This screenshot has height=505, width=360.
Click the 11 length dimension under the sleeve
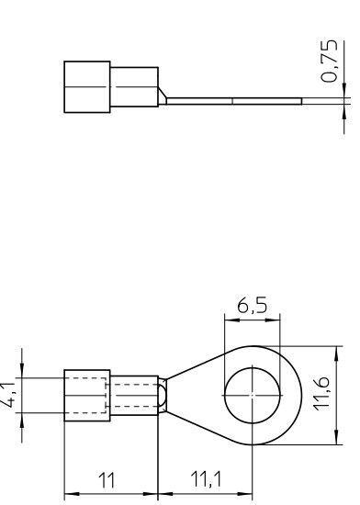click(x=108, y=477)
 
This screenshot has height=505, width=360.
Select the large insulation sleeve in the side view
click(x=86, y=88)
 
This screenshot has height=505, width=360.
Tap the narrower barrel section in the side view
click(x=133, y=89)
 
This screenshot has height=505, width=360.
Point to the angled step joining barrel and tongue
click(x=163, y=94)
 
